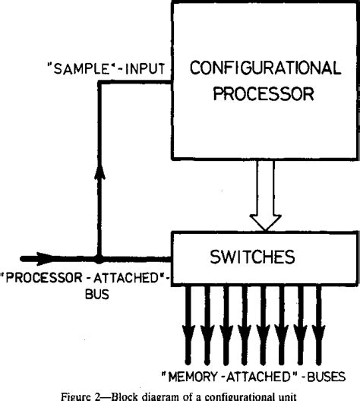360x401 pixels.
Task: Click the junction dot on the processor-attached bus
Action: click(x=98, y=258)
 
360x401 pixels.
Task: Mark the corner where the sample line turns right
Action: click(x=98, y=81)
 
